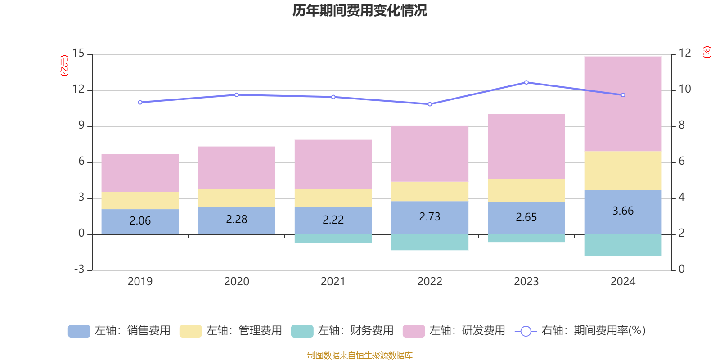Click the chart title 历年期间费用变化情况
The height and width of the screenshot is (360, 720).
[360, 10]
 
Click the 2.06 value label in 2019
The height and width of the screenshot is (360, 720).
[140, 221]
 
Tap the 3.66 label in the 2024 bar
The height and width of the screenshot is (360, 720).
[623, 211]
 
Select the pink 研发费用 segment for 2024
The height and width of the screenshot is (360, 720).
[623, 103]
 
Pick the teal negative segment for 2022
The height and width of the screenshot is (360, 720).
[430, 243]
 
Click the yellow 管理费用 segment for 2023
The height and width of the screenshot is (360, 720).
[526, 190]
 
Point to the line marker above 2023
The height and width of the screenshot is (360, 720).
[526, 82]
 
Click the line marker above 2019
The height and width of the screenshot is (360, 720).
[140, 103]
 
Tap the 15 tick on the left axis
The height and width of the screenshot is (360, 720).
[79, 54]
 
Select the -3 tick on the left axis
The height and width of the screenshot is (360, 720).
[79, 270]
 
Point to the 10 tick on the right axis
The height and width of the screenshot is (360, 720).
[684, 89]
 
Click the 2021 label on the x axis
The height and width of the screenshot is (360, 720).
[333, 282]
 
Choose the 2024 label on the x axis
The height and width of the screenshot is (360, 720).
[623, 282]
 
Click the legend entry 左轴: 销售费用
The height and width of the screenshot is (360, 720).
[120, 331]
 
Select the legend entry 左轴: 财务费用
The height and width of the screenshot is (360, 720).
[342, 331]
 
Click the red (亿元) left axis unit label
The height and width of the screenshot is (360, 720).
[64, 66]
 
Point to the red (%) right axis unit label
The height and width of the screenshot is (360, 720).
[706, 52]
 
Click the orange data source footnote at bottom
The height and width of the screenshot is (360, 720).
[360, 355]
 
